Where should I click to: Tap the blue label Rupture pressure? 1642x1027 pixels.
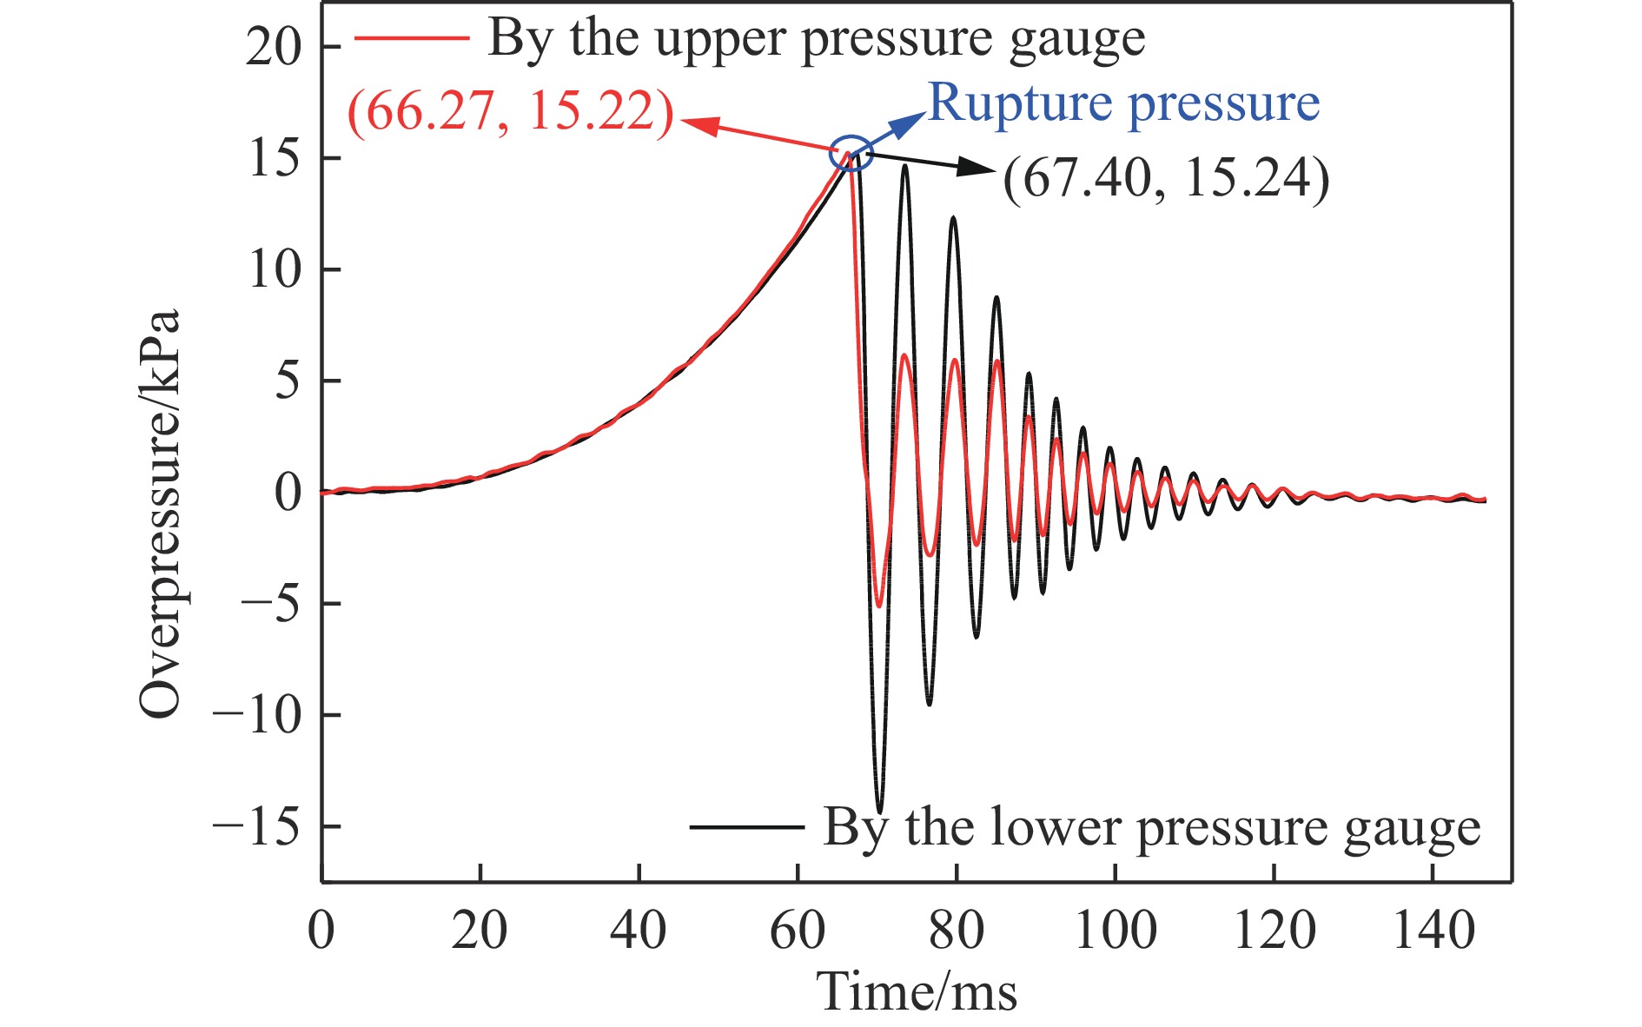point(1123,103)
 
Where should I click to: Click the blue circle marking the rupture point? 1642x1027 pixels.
point(851,152)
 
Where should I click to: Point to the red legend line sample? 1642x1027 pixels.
point(410,39)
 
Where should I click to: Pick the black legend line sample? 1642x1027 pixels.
point(746,826)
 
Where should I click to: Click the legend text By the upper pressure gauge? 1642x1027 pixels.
point(816,39)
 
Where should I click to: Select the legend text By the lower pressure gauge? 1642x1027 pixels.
point(1151,826)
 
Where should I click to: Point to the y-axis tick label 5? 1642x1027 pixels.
point(288,381)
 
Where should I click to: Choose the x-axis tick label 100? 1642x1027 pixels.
point(1115,931)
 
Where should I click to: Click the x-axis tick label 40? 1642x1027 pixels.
point(639,931)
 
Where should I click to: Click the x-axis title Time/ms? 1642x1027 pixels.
point(917,991)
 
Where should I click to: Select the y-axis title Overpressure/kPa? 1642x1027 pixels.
point(161,513)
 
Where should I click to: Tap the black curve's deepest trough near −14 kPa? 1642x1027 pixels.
point(879,812)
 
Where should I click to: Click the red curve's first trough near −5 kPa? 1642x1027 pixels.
point(878,605)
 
